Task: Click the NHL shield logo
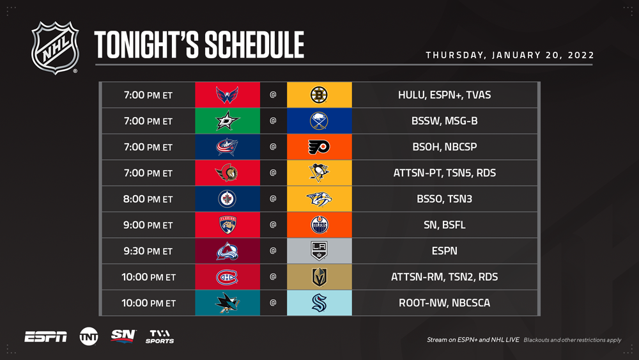[x=54, y=48]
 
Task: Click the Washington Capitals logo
[x=227, y=95]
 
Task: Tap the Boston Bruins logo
[x=319, y=95]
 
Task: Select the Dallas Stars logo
[x=227, y=121]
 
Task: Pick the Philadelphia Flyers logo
[x=319, y=147]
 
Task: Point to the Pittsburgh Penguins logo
[x=319, y=173]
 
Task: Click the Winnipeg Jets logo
[x=227, y=199]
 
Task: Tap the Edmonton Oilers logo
[x=319, y=224]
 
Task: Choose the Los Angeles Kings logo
[x=319, y=251]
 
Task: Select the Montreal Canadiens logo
[x=227, y=277]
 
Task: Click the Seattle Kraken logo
[x=319, y=303]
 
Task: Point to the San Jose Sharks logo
[x=227, y=303]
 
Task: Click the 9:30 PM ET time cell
[x=148, y=251]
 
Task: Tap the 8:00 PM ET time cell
[x=148, y=199]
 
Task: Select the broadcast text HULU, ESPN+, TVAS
[x=444, y=95]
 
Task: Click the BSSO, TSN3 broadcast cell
[x=444, y=199]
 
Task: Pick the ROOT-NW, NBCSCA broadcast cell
[x=444, y=303]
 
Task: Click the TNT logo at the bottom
[x=89, y=336]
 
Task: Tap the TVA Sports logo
[x=160, y=337]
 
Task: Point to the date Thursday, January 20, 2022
[x=510, y=55]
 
